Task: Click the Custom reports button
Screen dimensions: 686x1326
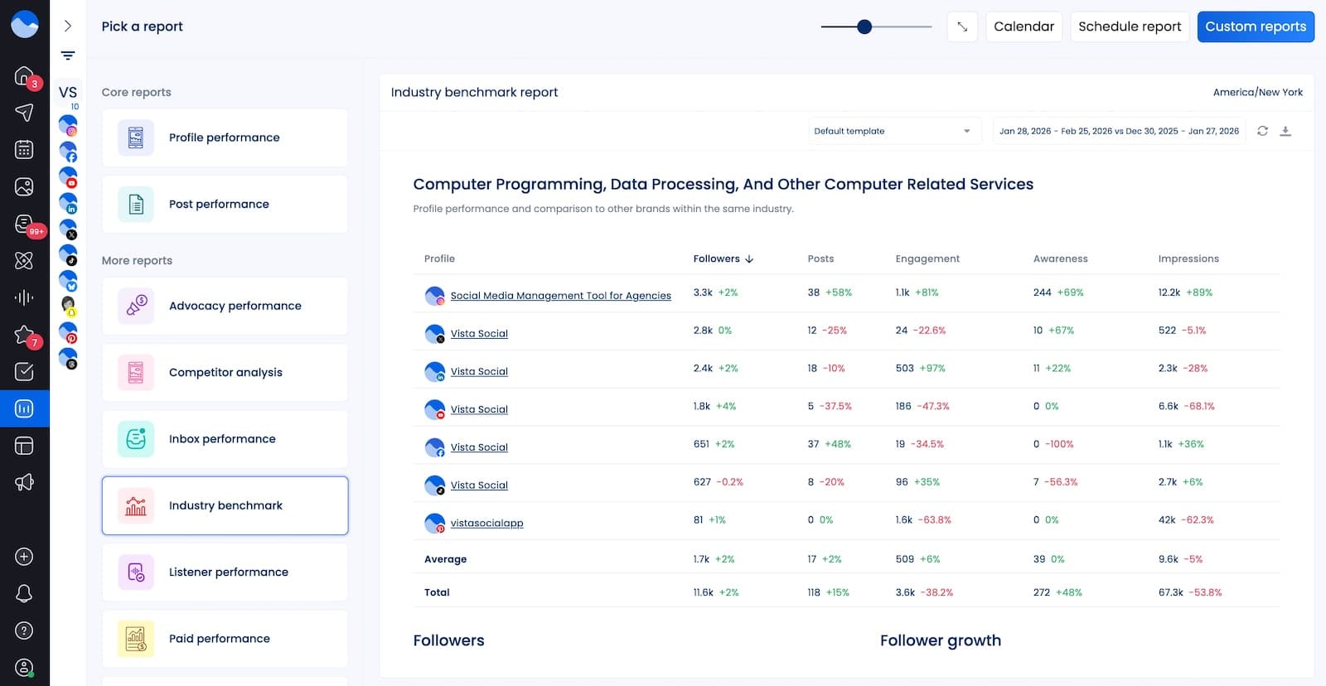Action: point(1255,27)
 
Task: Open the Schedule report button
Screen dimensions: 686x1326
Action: point(1129,27)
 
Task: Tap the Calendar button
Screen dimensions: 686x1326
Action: point(1024,27)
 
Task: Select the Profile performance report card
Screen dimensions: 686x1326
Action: point(225,138)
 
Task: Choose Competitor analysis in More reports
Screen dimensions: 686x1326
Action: point(225,372)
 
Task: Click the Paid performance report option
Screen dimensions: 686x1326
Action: point(225,638)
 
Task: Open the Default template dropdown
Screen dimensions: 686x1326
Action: point(893,131)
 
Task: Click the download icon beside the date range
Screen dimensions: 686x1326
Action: point(1285,131)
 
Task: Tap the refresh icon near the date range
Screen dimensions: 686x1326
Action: point(1262,131)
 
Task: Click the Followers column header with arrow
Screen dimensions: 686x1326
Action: point(723,258)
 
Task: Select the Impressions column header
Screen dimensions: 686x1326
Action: point(1188,258)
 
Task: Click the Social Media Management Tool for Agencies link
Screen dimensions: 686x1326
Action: point(560,295)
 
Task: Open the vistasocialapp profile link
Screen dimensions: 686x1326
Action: point(486,523)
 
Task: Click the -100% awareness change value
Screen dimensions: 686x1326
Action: point(1058,444)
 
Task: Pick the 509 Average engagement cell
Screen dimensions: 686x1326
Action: point(904,559)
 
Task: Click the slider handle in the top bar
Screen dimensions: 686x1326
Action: point(864,27)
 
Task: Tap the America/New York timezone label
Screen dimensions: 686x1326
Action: point(1257,92)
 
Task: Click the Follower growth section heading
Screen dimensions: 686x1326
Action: point(940,640)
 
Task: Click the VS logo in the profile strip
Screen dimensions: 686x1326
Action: point(68,92)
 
